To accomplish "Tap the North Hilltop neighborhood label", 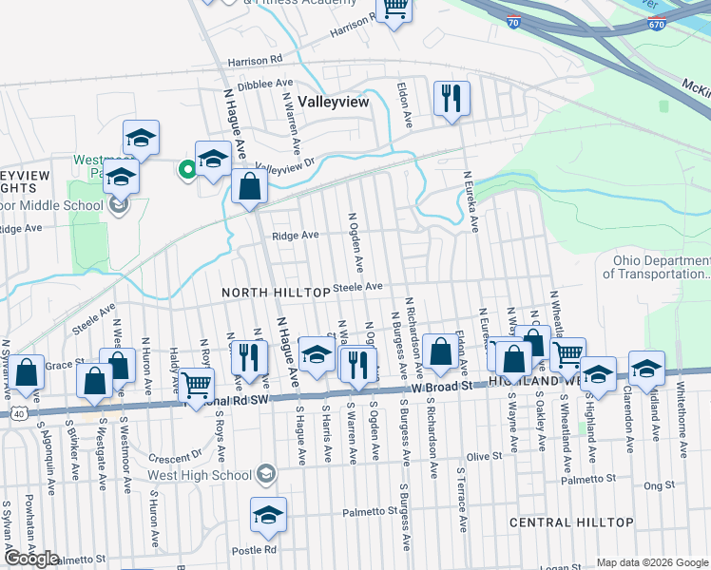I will pyautogui.click(x=276, y=292).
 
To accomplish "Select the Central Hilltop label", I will pyautogui.click(x=571, y=522).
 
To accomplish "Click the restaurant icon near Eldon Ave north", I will pyautogui.click(x=452, y=99).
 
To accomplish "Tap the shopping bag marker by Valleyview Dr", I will pyautogui.click(x=249, y=186).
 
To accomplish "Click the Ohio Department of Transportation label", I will pyautogui.click(x=656, y=267).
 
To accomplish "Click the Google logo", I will pyautogui.click(x=31, y=559).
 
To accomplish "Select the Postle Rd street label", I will pyautogui.click(x=258, y=549).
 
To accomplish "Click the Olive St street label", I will pyautogui.click(x=483, y=456).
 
